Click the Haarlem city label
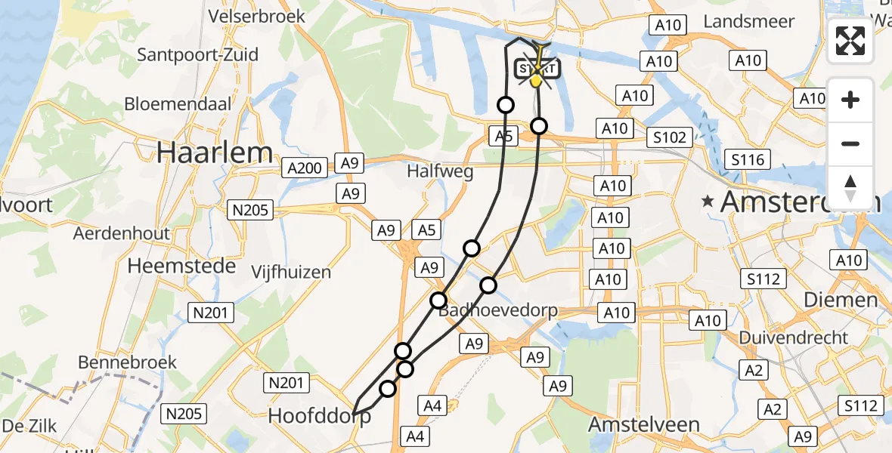[215, 153]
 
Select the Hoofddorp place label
[320, 417]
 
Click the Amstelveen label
[643, 424]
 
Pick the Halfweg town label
[440, 171]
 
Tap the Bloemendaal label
[178, 103]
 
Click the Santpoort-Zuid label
[198, 54]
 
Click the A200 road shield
[305, 168]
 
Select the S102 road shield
[670, 137]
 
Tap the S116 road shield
[746, 159]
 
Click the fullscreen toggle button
[850, 41]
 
